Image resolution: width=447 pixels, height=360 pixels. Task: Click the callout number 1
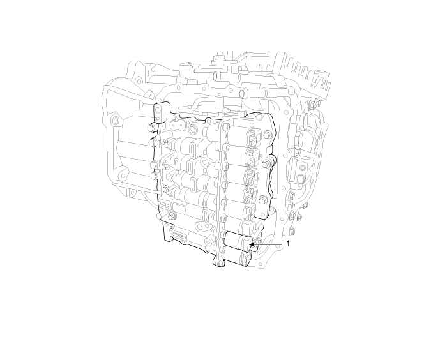tap(288, 244)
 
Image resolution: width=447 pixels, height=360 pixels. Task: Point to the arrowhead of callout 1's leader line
tap(252, 244)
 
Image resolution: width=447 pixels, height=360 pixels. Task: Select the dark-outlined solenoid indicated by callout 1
tap(238, 241)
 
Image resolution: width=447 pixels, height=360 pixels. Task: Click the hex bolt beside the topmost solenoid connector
tap(268, 133)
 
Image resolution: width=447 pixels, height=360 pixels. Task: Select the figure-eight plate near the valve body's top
tap(178, 125)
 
